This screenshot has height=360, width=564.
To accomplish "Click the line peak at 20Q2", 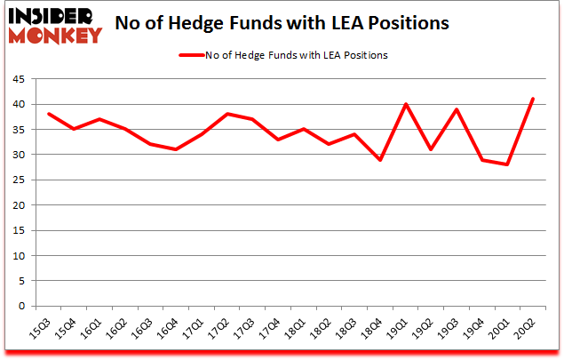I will pyautogui.click(x=534, y=99).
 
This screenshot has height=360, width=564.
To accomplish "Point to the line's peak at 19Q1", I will pyautogui.click(x=406, y=104).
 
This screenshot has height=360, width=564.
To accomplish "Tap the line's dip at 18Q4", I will pyautogui.click(x=380, y=159).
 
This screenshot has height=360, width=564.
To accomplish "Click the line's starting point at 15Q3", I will pyautogui.click(x=48, y=114).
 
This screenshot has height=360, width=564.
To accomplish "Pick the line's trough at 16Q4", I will pyautogui.click(x=176, y=149).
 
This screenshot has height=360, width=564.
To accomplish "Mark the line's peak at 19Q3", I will pyautogui.click(x=457, y=109).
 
